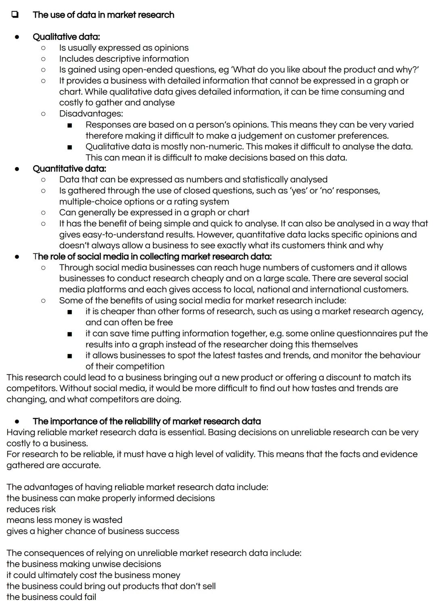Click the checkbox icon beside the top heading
pyautogui.click(x=15, y=15)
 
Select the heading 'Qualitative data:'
pyautogui.click(x=66, y=37)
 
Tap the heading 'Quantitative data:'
pyautogui.click(x=69, y=169)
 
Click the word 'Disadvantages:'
pyautogui.click(x=91, y=114)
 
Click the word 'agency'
pyautogui.click(x=408, y=312)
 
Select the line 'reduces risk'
pyautogui.click(x=31, y=509)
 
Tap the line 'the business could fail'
pyautogui.click(x=51, y=597)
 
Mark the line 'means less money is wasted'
pyautogui.click(x=64, y=520)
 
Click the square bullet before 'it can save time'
pyautogui.click(x=70, y=334)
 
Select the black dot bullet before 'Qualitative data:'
pyautogui.click(x=17, y=37)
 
